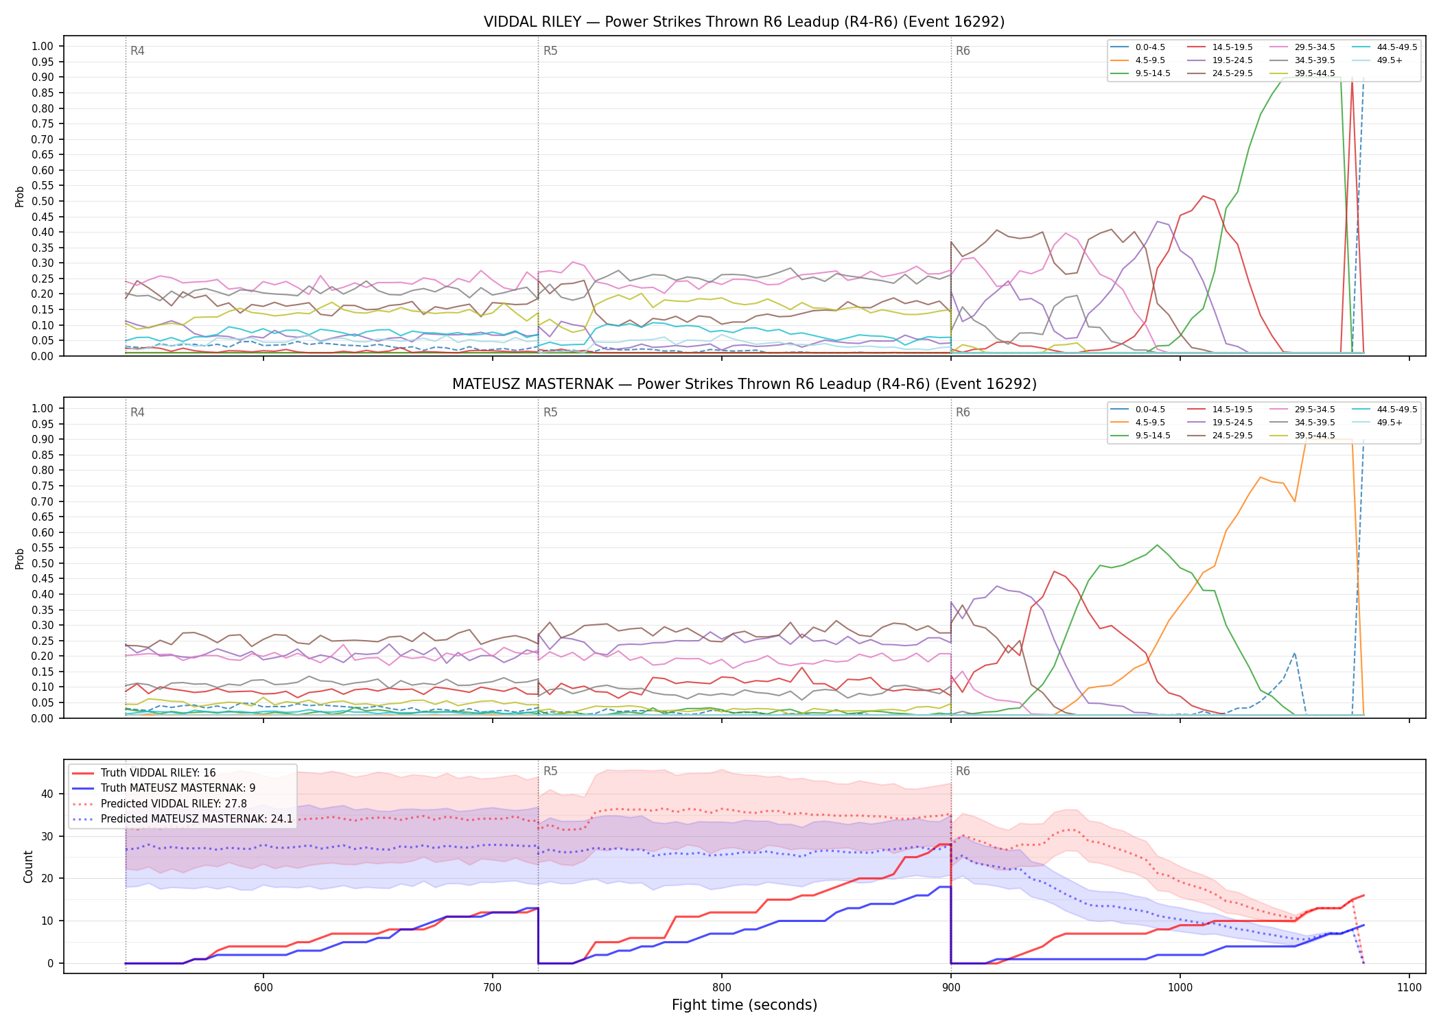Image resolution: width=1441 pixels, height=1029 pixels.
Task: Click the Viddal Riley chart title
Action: tap(744, 22)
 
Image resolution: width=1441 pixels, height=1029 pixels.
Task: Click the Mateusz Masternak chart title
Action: tap(744, 384)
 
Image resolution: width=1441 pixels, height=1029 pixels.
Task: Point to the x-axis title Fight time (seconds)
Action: tap(745, 1005)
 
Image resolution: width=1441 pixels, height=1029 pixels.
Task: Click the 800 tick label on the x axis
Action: tap(721, 987)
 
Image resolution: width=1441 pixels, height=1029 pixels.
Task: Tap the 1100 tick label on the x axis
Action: tap(1409, 987)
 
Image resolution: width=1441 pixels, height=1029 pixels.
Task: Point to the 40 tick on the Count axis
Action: tap(47, 794)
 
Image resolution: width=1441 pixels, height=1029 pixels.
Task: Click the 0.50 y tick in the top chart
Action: tap(43, 201)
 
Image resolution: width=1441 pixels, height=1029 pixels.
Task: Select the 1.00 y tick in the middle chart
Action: tap(43, 408)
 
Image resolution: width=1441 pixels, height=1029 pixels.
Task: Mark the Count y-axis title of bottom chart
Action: tap(28, 866)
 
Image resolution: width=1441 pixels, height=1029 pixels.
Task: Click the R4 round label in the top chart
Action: tap(137, 51)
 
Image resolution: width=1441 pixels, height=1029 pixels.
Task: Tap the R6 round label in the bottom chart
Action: tap(963, 771)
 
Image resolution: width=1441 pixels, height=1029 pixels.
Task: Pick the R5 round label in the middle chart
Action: tap(550, 412)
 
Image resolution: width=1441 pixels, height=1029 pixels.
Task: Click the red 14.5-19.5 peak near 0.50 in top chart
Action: tap(1203, 196)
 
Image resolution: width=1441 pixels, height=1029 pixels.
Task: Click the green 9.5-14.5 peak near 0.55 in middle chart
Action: tap(1158, 545)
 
